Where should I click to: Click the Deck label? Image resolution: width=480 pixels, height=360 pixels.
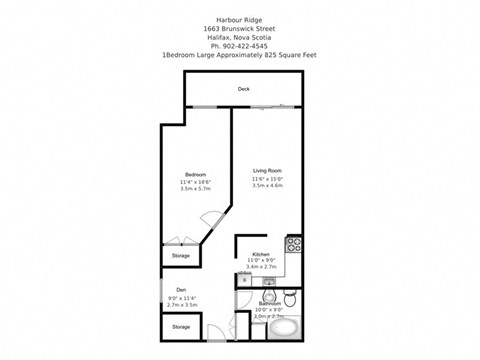coord(243,89)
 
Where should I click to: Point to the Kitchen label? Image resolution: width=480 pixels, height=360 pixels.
coord(261,254)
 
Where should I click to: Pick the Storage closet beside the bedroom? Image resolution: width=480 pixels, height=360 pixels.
coord(180,256)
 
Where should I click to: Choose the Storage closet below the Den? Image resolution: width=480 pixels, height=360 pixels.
coord(180,327)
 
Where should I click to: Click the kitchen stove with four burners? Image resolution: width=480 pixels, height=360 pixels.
coord(294,243)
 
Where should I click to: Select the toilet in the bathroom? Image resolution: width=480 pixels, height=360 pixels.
coord(289,297)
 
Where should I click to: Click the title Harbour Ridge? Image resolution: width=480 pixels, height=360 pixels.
coord(239,20)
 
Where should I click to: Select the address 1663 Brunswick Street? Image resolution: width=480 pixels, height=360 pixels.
coord(239,29)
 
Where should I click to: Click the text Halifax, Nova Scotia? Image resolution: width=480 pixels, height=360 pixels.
coord(239,38)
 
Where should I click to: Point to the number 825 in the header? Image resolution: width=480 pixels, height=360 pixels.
coord(275,56)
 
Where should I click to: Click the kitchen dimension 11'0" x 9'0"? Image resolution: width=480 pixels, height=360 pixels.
coord(261,261)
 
